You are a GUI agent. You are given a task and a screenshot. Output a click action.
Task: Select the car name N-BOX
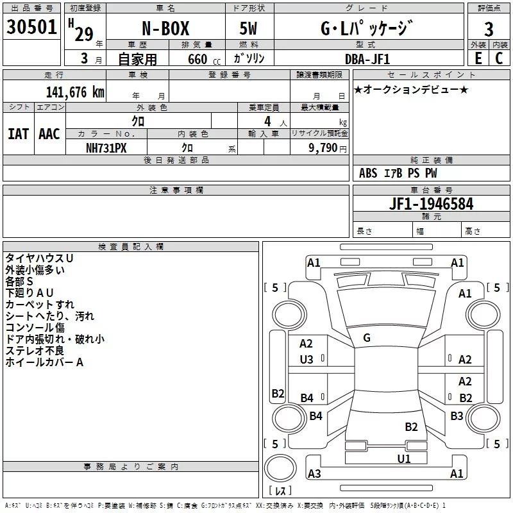click(165, 29)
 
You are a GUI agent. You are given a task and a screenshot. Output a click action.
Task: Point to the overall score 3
click(489, 29)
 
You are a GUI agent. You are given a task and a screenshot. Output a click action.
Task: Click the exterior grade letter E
click(478, 58)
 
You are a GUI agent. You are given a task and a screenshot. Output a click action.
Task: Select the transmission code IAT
click(19, 133)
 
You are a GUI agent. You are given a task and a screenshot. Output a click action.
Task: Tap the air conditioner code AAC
click(49, 133)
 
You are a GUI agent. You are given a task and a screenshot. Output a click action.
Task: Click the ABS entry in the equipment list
click(368, 173)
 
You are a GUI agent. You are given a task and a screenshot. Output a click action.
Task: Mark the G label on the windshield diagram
click(367, 337)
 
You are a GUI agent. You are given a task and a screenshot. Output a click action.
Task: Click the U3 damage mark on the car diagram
click(307, 360)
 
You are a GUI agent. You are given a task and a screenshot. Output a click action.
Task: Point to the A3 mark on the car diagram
click(314, 474)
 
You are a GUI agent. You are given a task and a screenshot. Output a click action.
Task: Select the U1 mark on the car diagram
click(403, 458)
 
